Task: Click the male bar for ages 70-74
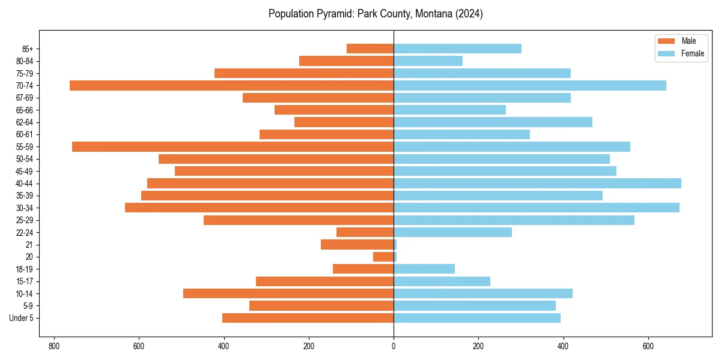[231, 85]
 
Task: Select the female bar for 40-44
[537, 183]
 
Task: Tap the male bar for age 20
[383, 257]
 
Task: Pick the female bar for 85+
[457, 49]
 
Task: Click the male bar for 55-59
[233, 146]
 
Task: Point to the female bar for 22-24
[452, 232]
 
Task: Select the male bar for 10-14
[288, 293]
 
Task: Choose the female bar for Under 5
[477, 318]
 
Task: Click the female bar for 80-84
[428, 61]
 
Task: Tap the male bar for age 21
[357, 244]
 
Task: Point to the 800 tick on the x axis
[54, 346]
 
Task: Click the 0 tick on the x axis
[394, 346]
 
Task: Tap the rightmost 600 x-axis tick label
[648, 346]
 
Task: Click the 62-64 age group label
[25, 122]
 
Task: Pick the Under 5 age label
[21, 318]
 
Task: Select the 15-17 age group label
[25, 281]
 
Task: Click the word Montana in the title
[430, 13]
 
